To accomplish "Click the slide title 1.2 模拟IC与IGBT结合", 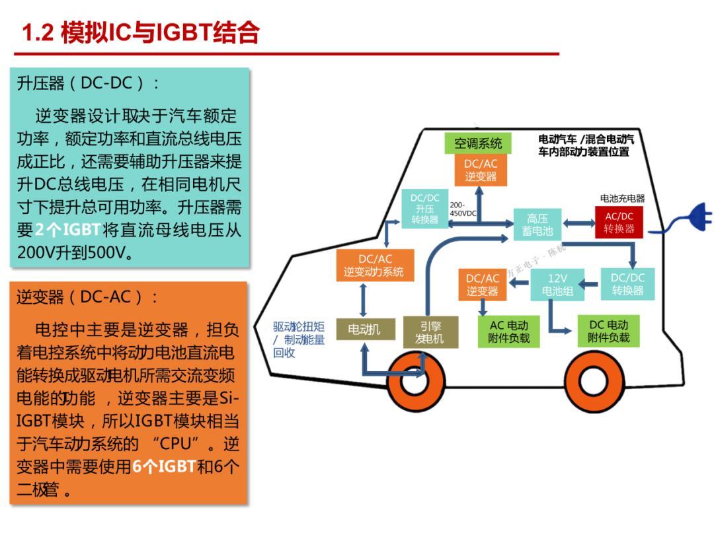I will tap(140, 32).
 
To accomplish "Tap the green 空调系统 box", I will tap(477, 143).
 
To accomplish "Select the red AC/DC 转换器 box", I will tap(619, 223).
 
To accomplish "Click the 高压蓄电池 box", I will tap(536, 225).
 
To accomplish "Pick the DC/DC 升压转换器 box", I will tap(424, 209).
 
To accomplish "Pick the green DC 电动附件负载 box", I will tap(608, 332).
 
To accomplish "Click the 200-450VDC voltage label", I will tap(462, 209).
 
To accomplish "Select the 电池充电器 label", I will tap(622, 198).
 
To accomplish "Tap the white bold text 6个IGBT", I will tap(164, 466).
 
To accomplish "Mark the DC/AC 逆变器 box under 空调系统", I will tap(480, 170).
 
